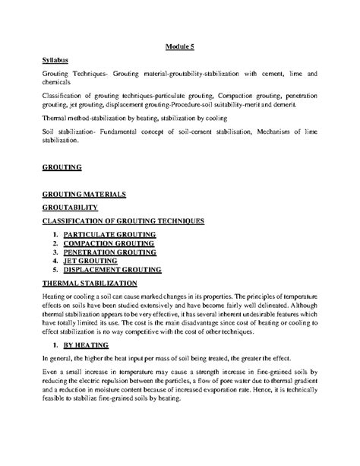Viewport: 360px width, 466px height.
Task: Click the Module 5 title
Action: (x=180, y=46)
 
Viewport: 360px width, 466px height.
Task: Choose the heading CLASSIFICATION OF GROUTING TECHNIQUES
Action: (x=123, y=220)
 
